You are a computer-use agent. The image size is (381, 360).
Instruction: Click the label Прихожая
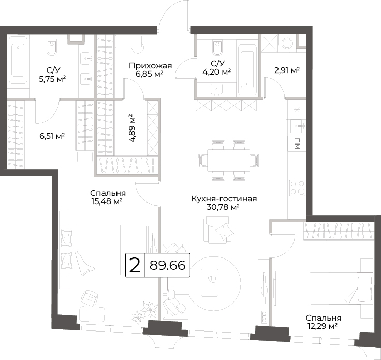151,66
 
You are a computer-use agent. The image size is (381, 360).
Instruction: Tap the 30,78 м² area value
223,207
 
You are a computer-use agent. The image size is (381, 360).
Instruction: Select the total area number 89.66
167,265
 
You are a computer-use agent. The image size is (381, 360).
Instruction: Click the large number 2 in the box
135,265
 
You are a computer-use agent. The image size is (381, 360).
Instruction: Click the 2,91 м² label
287,70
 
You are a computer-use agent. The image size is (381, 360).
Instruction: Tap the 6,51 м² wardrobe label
52,136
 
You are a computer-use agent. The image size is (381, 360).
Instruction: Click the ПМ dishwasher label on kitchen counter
297,143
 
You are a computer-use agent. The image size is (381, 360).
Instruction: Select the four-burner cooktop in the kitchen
298,188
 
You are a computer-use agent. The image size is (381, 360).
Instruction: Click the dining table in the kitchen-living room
228,161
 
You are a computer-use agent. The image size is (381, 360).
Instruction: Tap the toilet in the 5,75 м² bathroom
52,48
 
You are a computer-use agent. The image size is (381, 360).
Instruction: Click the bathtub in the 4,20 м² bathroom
247,69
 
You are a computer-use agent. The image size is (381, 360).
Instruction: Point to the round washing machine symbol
288,44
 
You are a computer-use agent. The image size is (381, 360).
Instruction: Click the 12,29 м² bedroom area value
321,326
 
